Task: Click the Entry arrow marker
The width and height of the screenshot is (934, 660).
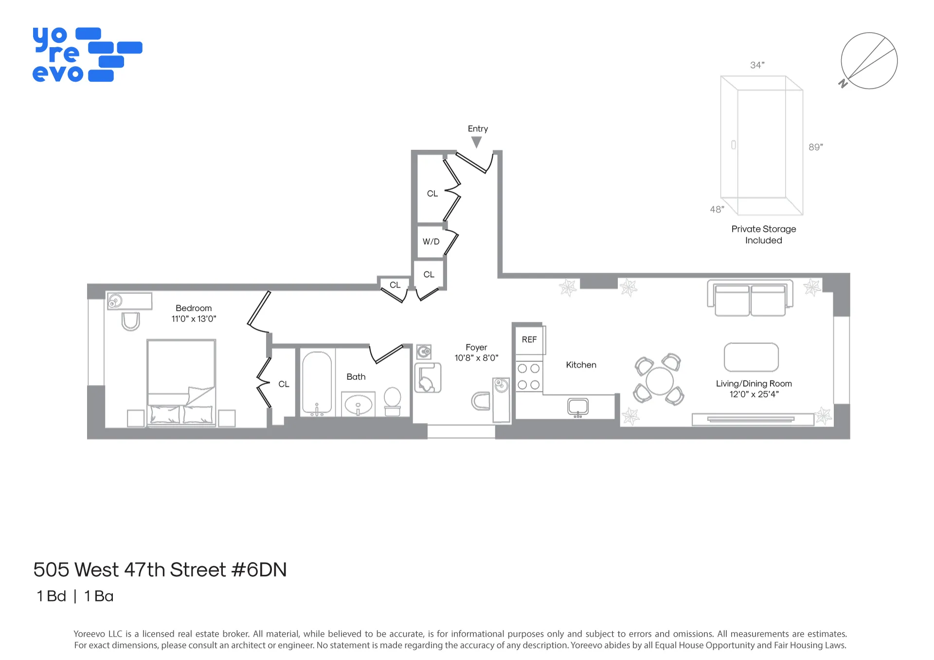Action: pos(477,142)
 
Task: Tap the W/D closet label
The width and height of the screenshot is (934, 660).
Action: pos(431,242)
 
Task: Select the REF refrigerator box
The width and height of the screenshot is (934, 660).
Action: pos(529,339)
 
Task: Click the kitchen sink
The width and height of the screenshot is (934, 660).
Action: pos(578,407)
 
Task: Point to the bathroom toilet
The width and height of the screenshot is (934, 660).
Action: pos(393,401)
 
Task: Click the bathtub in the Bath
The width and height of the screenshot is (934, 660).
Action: pos(317,383)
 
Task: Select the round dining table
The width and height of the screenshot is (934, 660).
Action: pos(659,380)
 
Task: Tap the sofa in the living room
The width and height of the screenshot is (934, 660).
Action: pos(750,298)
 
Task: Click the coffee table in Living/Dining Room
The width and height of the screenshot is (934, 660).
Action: pos(751,357)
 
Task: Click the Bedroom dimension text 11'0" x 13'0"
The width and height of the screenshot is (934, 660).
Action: pos(194,319)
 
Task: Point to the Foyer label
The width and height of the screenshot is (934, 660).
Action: pos(476,347)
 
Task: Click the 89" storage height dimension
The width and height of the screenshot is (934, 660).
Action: pos(816,147)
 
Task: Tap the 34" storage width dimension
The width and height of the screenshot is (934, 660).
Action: pos(757,65)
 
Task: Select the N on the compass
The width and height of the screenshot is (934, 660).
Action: pos(843,84)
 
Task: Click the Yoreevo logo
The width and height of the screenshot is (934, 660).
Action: pos(87,54)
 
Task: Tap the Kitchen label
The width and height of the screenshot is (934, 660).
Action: pos(581,365)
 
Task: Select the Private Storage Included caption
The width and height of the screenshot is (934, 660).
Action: pos(763,234)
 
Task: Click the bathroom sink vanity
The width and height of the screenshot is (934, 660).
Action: pos(358,404)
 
